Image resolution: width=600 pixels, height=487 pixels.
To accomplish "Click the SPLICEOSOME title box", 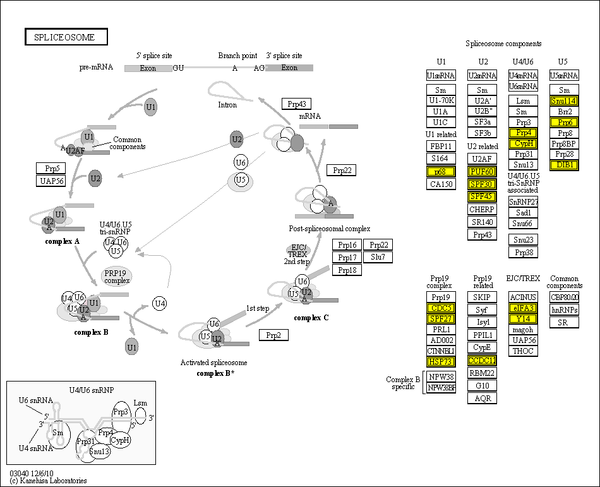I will [x=66, y=37].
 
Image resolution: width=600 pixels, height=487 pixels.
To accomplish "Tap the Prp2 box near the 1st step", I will [x=273, y=335].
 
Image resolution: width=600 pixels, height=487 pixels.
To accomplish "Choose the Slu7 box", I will [x=378, y=257].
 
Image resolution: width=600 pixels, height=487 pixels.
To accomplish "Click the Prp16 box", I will [x=347, y=245].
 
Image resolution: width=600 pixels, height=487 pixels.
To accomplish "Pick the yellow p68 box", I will [x=441, y=172].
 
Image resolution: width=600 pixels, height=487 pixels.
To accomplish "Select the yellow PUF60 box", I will [x=482, y=172].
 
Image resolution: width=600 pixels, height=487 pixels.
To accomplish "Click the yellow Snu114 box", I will [x=564, y=101].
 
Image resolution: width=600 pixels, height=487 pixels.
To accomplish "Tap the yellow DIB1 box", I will [x=564, y=165].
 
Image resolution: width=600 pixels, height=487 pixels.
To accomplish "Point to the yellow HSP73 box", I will [x=441, y=361].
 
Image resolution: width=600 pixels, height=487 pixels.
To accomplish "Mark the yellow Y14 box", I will [x=523, y=319].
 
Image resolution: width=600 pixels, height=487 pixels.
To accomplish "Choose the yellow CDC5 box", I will [x=441, y=308].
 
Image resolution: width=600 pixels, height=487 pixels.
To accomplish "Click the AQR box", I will [x=482, y=398].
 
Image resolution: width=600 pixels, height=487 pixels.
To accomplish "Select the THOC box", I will [x=523, y=351].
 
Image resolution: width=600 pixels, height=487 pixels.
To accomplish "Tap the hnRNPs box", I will [x=564, y=310].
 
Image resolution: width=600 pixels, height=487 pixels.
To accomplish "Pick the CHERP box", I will [x=482, y=210].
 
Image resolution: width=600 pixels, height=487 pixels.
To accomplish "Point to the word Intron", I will [x=227, y=105].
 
